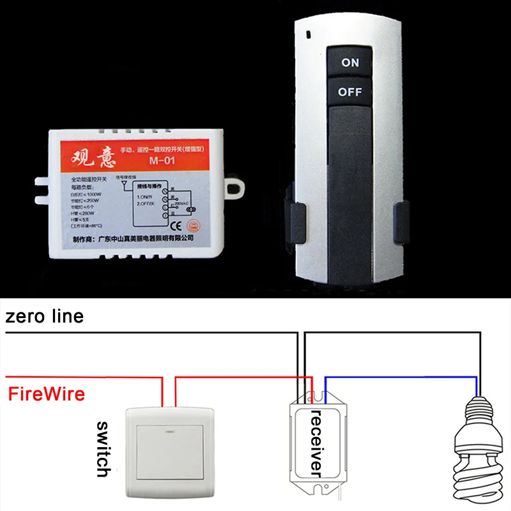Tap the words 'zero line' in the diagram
pos(44,316)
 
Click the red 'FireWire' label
pos(46,393)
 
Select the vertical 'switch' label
pos(103,448)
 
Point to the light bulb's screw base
pos(478,415)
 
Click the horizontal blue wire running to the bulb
pos(402,376)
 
